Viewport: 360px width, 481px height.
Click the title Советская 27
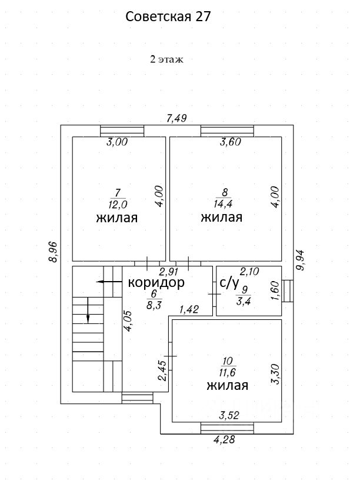pos(168,17)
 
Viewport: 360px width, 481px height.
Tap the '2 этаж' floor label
pos(168,59)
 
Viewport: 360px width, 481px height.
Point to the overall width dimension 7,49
pos(176,118)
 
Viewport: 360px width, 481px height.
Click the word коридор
pos(156,282)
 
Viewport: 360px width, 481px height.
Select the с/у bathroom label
pos(229,283)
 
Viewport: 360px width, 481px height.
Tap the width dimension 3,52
pos(230,416)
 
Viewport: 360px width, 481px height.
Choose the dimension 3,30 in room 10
pos(274,374)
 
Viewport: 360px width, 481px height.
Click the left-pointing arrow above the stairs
pos(106,282)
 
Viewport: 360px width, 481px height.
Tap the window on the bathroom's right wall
pos(287,291)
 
